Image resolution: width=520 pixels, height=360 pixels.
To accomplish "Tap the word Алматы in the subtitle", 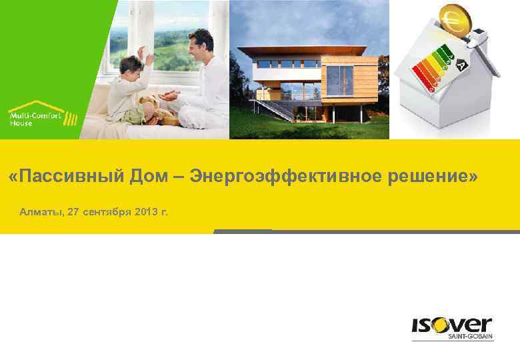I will pos(41,212).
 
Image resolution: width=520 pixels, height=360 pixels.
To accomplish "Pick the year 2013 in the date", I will pos(146,212).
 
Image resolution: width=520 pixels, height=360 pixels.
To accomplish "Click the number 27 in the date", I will pos(73,212).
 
